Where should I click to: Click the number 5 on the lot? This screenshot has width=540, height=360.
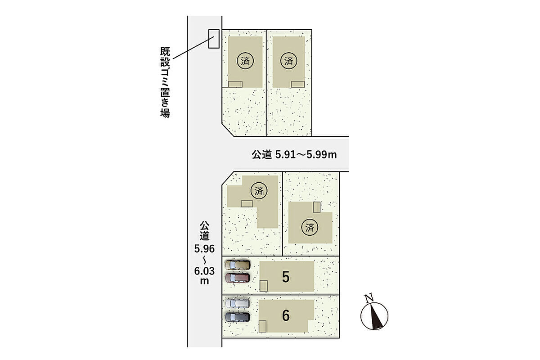tap(286, 277)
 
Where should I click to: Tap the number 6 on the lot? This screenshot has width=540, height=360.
tap(286, 315)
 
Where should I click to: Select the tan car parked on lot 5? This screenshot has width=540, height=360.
tap(238, 265)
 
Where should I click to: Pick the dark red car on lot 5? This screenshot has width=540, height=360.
tap(238, 278)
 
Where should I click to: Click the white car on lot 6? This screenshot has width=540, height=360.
tap(238, 303)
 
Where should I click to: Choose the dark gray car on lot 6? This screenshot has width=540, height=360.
tap(238, 317)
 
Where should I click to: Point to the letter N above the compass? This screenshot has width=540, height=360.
tap(369, 298)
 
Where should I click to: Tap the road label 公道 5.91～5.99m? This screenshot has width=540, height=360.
tap(294, 154)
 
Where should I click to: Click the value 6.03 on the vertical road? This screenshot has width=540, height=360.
tap(204, 271)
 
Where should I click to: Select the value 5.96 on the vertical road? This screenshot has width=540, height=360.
tap(204, 249)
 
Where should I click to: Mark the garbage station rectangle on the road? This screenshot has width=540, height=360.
tap(214, 39)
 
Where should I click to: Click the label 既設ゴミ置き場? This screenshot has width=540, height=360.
tap(165, 82)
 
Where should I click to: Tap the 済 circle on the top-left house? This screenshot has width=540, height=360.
tap(245, 61)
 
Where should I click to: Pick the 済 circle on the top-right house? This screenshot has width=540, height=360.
tap(288, 61)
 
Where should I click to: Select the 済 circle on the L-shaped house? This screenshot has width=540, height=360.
tap(259, 191)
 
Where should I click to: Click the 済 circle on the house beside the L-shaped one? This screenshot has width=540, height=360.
tap(310, 227)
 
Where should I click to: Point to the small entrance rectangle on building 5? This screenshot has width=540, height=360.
tap(264, 286)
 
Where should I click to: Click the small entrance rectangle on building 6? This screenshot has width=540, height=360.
tap(262, 326)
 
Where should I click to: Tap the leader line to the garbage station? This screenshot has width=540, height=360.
tap(193, 48)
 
